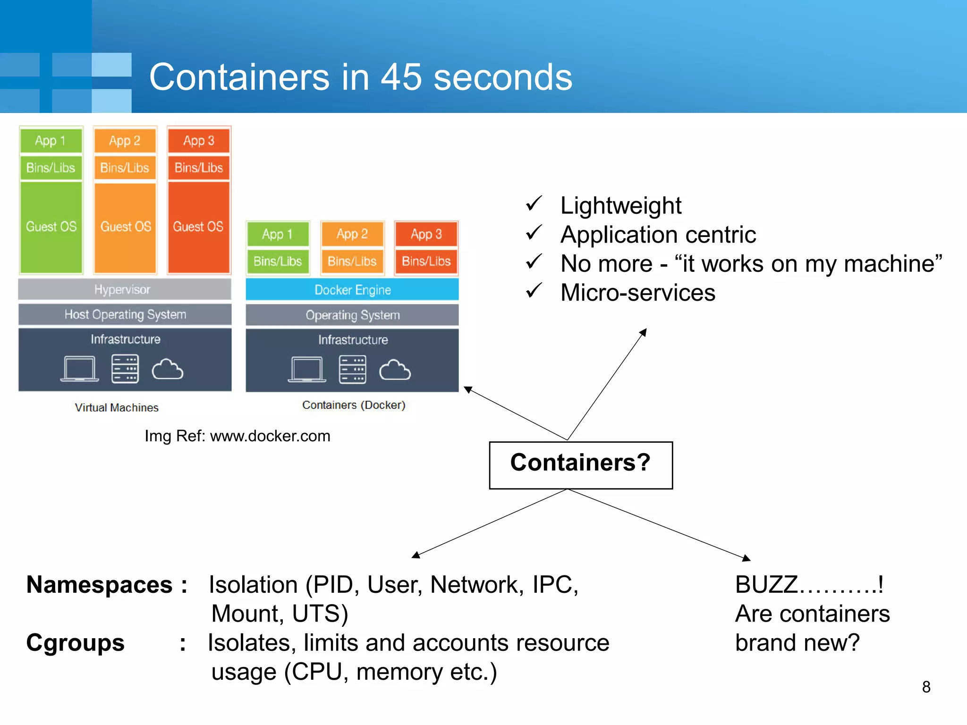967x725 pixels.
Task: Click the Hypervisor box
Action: [x=125, y=289]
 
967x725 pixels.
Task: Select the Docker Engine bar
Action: [x=352, y=289]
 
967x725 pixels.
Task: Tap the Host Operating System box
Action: [x=125, y=314]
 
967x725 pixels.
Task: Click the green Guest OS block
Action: [x=51, y=227]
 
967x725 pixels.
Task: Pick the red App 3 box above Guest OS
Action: [x=199, y=141]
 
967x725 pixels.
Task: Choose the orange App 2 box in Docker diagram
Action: [x=352, y=234]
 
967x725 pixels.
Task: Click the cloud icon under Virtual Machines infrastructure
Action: [x=167, y=370]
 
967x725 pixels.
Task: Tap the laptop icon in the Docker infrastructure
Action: [x=307, y=370]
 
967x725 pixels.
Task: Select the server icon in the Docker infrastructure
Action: [x=352, y=370]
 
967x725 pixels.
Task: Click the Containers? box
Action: [x=581, y=465]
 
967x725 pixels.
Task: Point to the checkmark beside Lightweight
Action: [x=534, y=204]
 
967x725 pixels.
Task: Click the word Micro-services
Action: [x=637, y=293]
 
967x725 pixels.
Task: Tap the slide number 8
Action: [x=926, y=687]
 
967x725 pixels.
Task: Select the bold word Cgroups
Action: [x=76, y=643]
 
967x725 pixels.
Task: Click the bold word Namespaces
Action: [x=99, y=585]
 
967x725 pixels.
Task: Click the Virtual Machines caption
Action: [x=117, y=407]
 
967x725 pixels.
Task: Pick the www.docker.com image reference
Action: [x=270, y=436]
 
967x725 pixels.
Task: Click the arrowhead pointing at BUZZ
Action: [x=746, y=558]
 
